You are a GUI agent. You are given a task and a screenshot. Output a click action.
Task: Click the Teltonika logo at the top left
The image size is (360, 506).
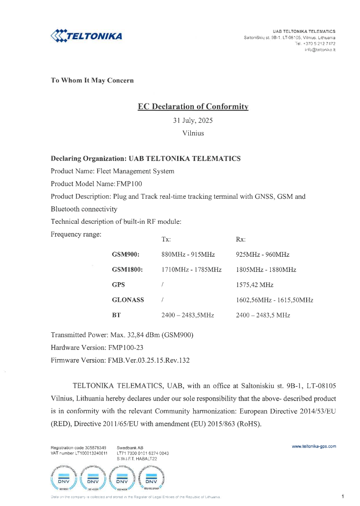86,36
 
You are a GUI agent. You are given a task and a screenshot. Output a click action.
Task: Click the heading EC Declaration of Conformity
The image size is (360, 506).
193,107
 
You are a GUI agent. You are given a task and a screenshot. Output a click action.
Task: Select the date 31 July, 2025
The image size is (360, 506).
193,120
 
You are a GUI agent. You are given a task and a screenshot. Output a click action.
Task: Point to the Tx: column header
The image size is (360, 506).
166,239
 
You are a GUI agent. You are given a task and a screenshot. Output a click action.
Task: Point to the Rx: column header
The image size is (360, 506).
241,239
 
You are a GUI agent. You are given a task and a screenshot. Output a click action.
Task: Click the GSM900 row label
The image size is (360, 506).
126,255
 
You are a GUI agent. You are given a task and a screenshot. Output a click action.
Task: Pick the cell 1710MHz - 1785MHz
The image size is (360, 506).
191,270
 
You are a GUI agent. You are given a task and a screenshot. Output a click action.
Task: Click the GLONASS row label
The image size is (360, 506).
128,300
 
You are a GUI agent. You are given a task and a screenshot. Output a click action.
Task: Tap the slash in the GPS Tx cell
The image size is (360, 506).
162,285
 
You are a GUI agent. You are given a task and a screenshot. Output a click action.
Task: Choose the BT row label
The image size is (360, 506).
116,315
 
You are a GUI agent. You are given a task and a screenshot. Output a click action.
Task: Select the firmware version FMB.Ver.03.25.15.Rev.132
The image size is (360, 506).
147,360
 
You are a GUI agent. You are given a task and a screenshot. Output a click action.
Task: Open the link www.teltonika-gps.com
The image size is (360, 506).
314,446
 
